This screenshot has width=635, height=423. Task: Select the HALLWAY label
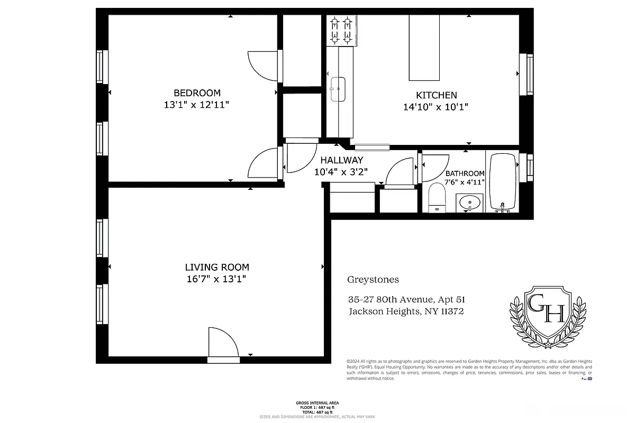click(x=342, y=160)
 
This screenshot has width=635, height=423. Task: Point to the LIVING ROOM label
click(x=216, y=268)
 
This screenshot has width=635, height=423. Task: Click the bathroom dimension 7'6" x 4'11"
click(x=465, y=182)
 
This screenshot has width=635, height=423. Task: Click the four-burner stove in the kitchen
click(x=341, y=31)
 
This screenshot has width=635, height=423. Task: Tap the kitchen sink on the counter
click(x=338, y=89)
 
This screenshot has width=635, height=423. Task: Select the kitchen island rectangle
click(x=424, y=48)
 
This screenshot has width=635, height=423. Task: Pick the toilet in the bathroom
click(x=437, y=197)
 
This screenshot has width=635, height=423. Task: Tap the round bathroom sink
click(x=469, y=202)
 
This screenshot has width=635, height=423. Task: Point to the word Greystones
click(x=373, y=280)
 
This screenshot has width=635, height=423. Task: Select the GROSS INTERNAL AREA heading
click(x=317, y=403)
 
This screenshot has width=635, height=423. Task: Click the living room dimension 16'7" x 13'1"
click(x=216, y=279)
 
